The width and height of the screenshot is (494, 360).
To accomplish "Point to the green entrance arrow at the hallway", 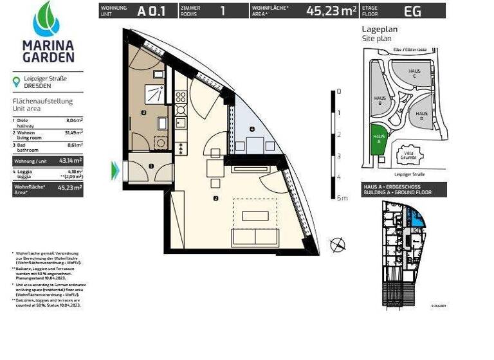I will tap(116, 169).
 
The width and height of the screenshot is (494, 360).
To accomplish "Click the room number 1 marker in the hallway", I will tap(151, 166).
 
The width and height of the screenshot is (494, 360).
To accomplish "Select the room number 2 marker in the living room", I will tap(215, 199).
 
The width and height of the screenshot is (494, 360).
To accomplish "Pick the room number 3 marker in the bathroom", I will tap(143, 113).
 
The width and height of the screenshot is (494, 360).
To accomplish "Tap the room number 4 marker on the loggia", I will tap(252, 130).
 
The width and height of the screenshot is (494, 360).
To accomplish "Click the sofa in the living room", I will tap(255, 236).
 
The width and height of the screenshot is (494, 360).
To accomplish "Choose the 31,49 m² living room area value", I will tap(74, 133).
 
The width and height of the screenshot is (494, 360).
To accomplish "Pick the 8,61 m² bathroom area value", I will tap(75, 146).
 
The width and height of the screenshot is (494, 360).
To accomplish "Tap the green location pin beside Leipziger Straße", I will tap(17, 82).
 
